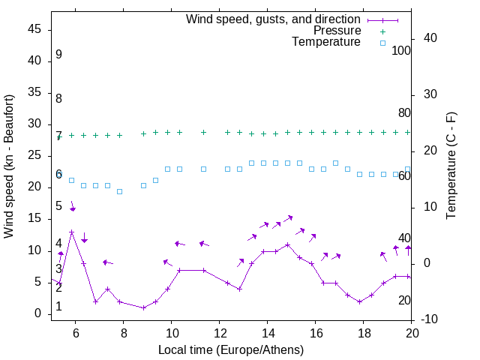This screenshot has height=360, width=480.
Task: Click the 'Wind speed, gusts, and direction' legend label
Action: (274, 19)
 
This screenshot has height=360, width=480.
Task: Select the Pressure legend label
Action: (337, 31)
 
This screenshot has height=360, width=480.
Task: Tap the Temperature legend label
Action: (326, 42)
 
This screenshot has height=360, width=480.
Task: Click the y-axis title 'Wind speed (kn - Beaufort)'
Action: (9, 166)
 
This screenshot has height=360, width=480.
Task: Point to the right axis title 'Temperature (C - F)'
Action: (451, 166)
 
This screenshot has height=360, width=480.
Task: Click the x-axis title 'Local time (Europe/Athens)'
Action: (231, 349)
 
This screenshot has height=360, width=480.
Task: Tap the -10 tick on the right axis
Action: (429, 319)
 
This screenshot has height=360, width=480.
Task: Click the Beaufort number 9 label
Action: (58, 55)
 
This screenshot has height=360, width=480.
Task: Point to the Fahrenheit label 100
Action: (402, 51)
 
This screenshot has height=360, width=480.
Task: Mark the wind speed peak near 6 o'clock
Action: (72, 232)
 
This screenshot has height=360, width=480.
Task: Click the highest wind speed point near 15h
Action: (287, 244)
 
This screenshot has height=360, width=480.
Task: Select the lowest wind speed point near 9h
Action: (143, 307)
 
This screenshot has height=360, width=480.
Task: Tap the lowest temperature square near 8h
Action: (119, 191)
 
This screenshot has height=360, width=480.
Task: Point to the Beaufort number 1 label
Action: (58, 307)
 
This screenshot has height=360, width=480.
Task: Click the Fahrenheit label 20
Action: (404, 300)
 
